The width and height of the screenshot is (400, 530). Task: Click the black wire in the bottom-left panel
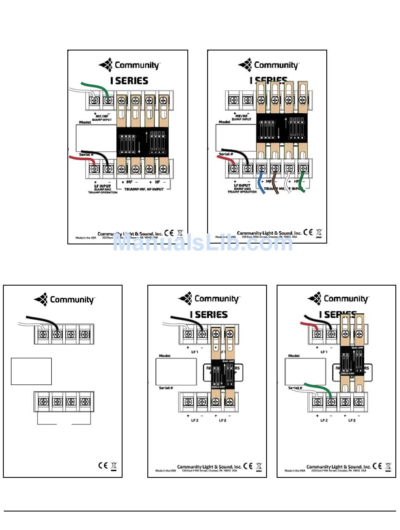[x=42, y=320]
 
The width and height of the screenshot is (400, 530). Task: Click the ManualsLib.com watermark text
[x=202, y=243]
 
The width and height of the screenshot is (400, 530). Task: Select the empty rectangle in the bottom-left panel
[x=31, y=371]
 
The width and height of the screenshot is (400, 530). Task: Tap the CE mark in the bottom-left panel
[x=103, y=466]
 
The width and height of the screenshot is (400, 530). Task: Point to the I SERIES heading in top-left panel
[x=129, y=81]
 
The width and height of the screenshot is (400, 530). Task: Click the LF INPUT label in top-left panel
[x=102, y=185]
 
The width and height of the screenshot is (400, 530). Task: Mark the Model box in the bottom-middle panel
[x=176, y=371]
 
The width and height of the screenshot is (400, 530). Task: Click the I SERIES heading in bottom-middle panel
[x=208, y=315]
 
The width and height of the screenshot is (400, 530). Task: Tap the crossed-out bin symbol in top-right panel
[x=319, y=233]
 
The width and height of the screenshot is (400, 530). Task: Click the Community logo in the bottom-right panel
[x=338, y=299]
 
